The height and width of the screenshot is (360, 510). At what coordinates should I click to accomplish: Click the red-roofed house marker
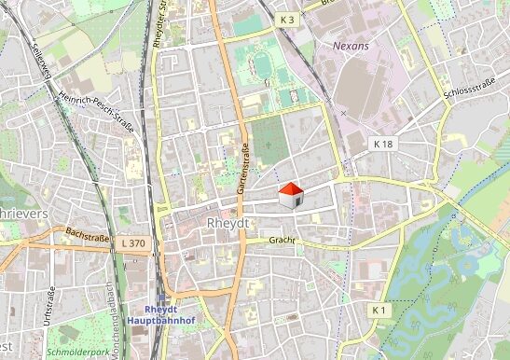(291, 194)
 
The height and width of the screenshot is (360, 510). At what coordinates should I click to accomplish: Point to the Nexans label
(351, 44)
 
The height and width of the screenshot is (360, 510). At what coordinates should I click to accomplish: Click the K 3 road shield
(287, 20)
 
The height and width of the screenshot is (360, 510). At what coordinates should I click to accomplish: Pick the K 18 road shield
(383, 144)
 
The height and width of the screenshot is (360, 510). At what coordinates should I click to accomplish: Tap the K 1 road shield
(378, 309)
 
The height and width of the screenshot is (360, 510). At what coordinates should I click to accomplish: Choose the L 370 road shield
(133, 242)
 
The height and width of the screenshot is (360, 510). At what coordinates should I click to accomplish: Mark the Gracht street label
(282, 240)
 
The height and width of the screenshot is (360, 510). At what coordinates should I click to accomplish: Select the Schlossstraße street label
(469, 88)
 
